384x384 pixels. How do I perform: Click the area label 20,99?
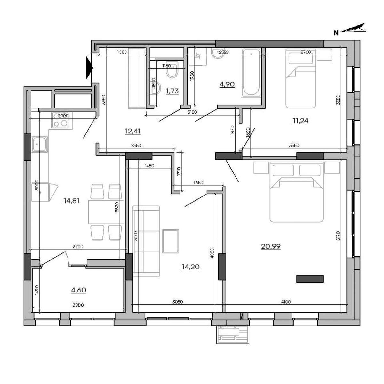tap(271, 247)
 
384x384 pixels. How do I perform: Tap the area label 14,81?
tap(71, 201)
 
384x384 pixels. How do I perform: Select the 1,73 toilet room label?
tap(172, 91)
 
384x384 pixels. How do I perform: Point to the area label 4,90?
tap(227, 84)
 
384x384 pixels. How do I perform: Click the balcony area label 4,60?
tap(79, 290)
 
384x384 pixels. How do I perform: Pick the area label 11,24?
tap(300, 121)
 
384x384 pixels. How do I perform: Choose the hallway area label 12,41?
tap(133, 131)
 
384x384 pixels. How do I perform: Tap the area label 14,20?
tap(191, 267)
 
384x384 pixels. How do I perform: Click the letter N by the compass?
tap(336, 33)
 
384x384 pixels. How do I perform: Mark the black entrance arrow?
tap(90, 68)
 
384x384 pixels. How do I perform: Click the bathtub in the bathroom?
tap(251, 74)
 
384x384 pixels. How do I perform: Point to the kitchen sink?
tap(39, 144)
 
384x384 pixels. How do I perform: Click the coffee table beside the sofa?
tap(170, 241)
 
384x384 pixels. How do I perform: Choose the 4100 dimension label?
tap(286, 302)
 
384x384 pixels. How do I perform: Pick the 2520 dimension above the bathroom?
tap(224, 52)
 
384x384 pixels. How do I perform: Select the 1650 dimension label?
tap(198, 183)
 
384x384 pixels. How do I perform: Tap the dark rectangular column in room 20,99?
tap(310, 279)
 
